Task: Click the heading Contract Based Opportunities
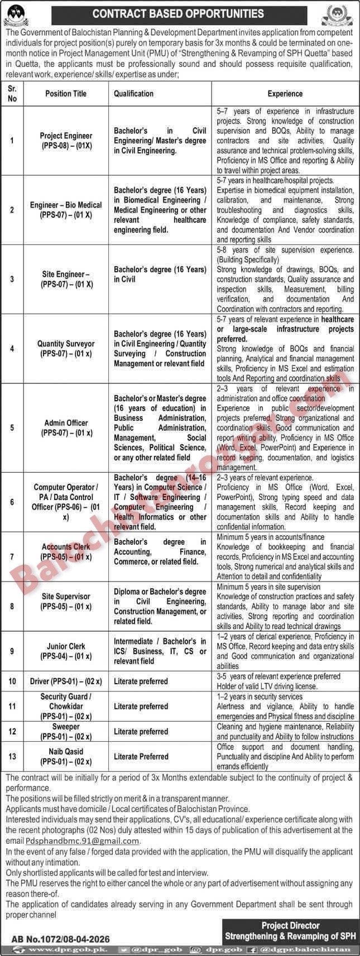(179, 13)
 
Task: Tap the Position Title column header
(66, 94)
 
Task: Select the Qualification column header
(133, 94)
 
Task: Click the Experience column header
(285, 94)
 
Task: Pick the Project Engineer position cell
(66, 141)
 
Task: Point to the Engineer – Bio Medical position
(66, 210)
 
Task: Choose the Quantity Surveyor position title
(66, 349)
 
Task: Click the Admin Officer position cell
(66, 427)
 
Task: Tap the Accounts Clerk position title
(66, 552)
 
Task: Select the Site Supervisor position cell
(66, 601)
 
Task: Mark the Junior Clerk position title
(66, 651)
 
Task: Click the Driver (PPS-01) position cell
(66, 681)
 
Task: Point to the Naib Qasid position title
(66, 756)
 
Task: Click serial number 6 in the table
(12, 502)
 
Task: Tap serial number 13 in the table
(12, 756)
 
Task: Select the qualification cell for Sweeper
(141, 732)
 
